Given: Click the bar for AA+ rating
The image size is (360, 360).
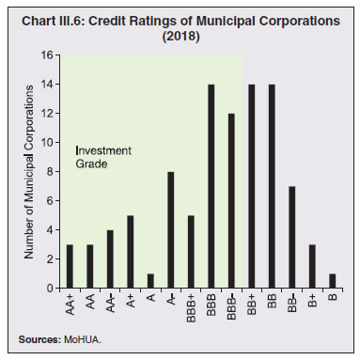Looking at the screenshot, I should pos(70,266).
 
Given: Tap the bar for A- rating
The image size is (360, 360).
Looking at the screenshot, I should pos(170,229).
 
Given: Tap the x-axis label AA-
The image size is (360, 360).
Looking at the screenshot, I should pos(111,304).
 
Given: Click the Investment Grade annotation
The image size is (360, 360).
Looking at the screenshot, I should pos(103,157).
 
